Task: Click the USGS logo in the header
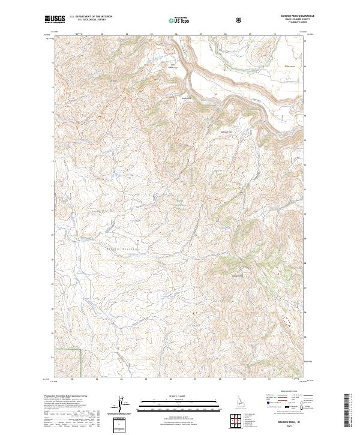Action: point(55,20)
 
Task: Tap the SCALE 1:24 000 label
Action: point(179,395)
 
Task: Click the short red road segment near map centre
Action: point(211,197)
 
